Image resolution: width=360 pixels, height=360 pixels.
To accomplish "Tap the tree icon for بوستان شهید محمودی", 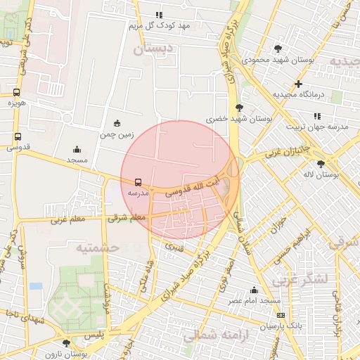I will click(278, 49).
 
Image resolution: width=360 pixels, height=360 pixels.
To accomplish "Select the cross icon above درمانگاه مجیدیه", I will click(299, 84).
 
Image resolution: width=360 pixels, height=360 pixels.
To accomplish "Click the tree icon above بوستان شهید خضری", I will click(240, 108).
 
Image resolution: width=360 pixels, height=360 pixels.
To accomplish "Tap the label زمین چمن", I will click(116, 134).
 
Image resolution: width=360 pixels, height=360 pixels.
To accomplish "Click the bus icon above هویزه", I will click(17, 92).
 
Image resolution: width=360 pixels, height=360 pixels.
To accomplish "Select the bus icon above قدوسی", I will click(18, 137).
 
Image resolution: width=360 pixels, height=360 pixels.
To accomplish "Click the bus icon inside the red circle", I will click(138, 181).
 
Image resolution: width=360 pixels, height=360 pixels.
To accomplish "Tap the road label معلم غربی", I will click(67, 220).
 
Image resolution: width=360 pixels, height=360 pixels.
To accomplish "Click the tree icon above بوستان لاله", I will click(321, 163).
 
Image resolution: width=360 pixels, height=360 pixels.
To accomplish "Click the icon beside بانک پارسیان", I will click(281, 315).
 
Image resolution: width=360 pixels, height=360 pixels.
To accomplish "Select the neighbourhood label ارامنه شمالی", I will click(212, 335).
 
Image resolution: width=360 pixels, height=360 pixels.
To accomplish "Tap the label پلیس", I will click(94, 336).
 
